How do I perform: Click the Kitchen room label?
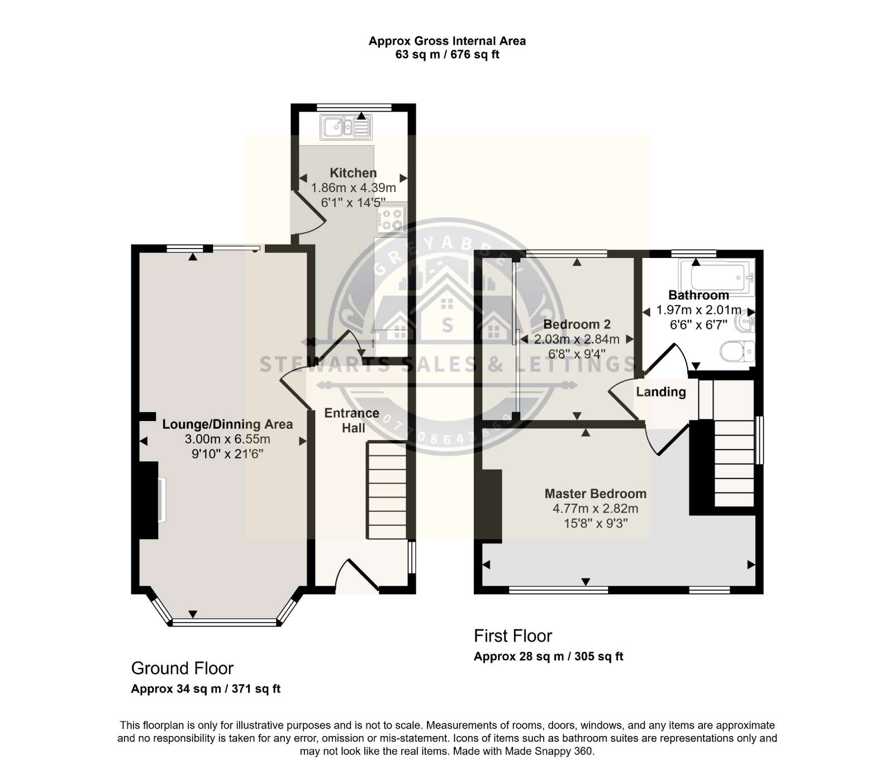(x=353, y=173)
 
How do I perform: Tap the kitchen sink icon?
(x=346, y=127)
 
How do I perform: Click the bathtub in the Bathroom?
(x=716, y=277)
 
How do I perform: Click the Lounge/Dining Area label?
(x=227, y=424)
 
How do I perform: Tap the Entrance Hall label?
(x=352, y=421)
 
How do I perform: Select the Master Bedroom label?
(x=596, y=494)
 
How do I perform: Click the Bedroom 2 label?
(x=577, y=324)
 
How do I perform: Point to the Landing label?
(x=661, y=392)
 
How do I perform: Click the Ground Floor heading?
(x=182, y=668)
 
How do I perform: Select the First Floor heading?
(x=513, y=636)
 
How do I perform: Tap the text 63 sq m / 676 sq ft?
(x=447, y=55)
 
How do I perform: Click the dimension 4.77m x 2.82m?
(x=596, y=509)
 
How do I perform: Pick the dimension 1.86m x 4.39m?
(x=353, y=188)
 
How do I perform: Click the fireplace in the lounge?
(x=150, y=500)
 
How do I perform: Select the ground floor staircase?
(x=386, y=490)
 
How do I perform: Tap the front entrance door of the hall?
(x=357, y=576)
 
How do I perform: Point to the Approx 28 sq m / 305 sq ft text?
(x=548, y=656)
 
